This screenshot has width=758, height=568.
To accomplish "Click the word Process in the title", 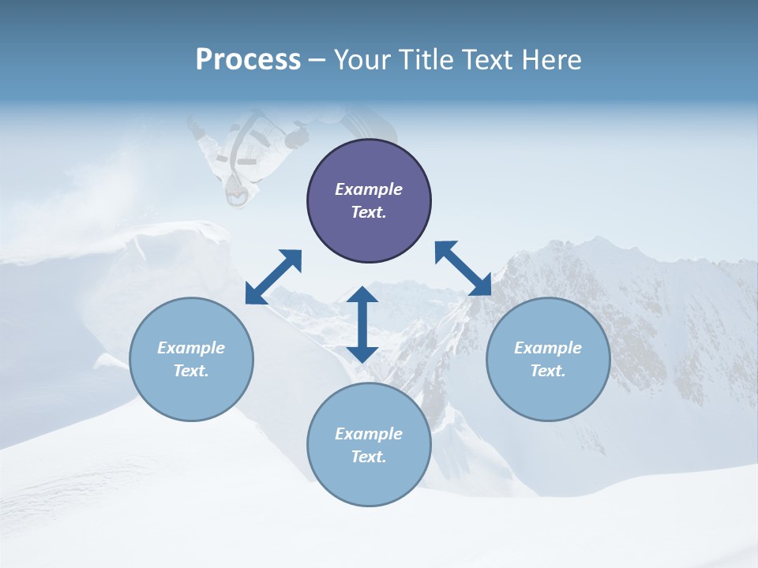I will pyautogui.click(x=248, y=60).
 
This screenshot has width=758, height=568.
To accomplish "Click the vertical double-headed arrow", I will pyautogui.click(x=362, y=324).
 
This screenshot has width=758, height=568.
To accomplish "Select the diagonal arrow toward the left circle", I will pyautogui.click(x=273, y=277).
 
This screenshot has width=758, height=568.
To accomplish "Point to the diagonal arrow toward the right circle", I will pyautogui.click(x=463, y=268).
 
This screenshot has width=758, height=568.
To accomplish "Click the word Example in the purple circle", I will pyautogui.click(x=369, y=189).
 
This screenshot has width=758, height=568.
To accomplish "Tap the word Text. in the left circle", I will pyautogui.click(x=191, y=371).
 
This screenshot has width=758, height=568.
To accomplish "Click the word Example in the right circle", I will pyautogui.click(x=548, y=348).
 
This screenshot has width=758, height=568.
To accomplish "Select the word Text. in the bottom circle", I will pyautogui.click(x=369, y=457).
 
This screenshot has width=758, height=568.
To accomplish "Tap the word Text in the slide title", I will pyautogui.click(x=489, y=60).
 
